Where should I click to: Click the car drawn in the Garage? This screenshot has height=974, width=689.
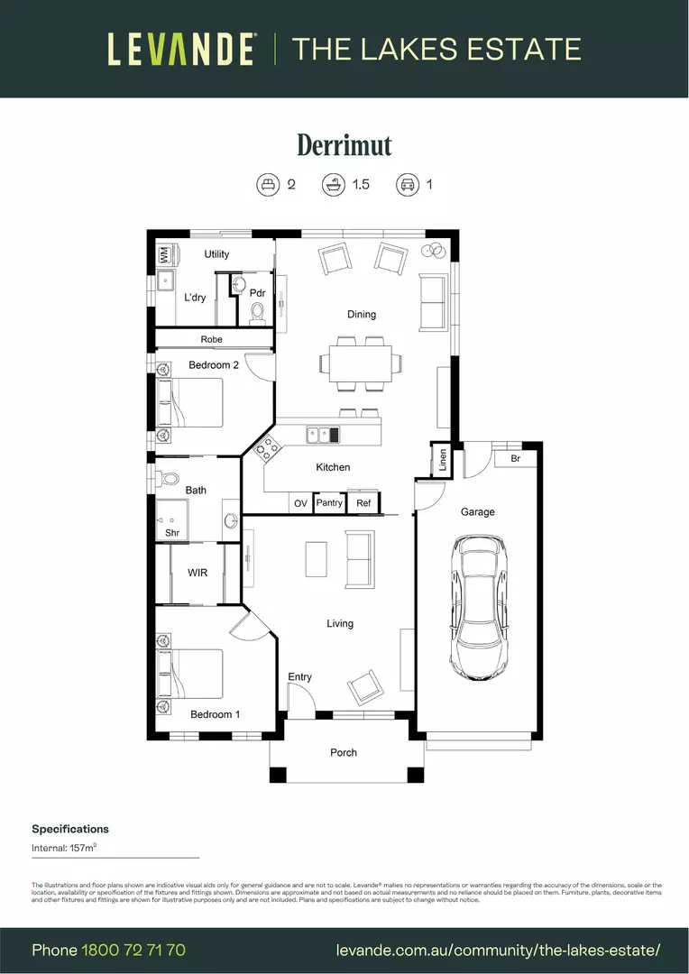coord(480,608)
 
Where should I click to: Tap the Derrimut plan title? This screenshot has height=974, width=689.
coord(344,145)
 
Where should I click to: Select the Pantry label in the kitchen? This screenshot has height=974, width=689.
coord(329,502)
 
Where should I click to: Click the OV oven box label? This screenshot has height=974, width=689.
coord(301,503)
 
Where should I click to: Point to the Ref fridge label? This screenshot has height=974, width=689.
coord(363,503)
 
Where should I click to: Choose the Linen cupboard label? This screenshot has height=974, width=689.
coord(442,461)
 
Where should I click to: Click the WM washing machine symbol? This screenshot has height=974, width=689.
coord(165,255)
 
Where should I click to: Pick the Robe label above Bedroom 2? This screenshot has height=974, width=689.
coord(212,339)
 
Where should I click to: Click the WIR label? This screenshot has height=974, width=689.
coord(198,573)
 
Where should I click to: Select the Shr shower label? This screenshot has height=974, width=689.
coord(171,533)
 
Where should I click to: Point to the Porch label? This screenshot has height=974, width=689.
coord(344,752)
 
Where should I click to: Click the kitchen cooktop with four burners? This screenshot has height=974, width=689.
coord(267,447)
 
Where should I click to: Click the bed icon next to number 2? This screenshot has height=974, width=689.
coord(267,185)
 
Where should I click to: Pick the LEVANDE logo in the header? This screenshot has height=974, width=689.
coord(181,49)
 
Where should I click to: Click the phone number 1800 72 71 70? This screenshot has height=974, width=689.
coord(133,950)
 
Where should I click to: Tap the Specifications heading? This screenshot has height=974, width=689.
coord(70,829)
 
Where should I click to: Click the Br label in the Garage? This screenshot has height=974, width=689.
coord(515,459)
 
